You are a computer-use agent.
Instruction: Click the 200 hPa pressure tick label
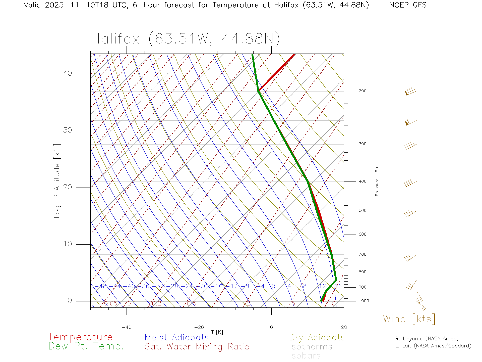(x=363, y=91)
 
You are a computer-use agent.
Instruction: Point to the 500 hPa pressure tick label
(x=363, y=211)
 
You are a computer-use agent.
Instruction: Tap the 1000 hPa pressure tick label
(x=364, y=301)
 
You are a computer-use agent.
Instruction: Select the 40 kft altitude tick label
(x=67, y=73)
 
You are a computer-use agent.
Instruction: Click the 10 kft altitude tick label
(x=67, y=244)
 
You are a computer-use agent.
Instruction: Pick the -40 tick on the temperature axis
(x=127, y=327)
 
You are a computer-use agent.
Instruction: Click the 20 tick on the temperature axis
(x=344, y=327)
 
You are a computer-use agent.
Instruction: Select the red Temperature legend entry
(x=80, y=337)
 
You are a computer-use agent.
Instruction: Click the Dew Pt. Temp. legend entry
(x=86, y=346)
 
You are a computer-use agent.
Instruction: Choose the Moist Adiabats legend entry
(x=177, y=338)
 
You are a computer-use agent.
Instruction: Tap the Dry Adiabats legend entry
(x=317, y=338)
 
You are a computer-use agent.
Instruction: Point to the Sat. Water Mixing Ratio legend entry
(x=197, y=347)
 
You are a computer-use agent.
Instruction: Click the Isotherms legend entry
(x=311, y=347)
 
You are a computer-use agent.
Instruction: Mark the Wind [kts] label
(x=409, y=319)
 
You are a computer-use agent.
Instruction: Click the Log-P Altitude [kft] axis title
(x=57, y=181)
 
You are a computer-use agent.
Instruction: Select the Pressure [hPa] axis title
(x=377, y=180)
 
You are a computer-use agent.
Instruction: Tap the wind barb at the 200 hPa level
(x=411, y=92)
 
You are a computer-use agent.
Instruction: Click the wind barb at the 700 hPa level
(x=410, y=258)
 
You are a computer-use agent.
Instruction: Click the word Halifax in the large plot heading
(x=115, y=39)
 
